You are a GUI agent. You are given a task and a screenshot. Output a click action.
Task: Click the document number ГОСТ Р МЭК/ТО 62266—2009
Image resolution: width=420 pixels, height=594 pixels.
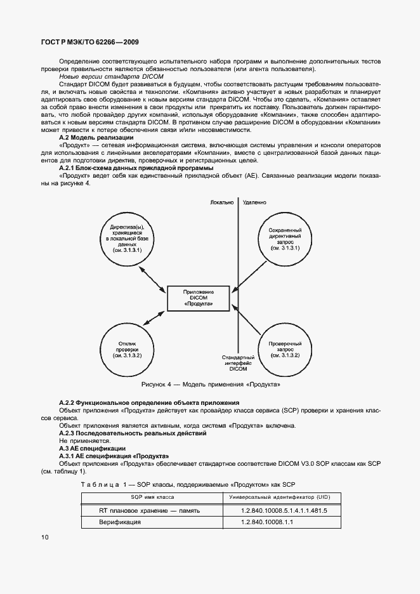point(90,42)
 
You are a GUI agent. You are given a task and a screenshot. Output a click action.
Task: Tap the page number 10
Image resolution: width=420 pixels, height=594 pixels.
point(45,537)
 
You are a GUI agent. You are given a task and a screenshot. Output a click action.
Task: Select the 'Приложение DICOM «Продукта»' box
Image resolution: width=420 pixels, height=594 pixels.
point(199,299)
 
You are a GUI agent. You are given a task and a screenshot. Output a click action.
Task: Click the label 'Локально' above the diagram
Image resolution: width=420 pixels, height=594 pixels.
point(223,203)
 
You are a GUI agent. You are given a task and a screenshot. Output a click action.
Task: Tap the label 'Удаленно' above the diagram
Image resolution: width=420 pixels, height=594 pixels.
point(254,203)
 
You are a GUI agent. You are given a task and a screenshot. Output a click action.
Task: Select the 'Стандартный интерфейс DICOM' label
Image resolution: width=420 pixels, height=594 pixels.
point(239,363)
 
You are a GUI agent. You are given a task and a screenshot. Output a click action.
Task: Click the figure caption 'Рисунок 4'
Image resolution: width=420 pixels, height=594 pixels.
point(210,385)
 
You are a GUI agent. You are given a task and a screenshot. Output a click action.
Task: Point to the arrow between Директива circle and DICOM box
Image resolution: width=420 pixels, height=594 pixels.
point(154,278)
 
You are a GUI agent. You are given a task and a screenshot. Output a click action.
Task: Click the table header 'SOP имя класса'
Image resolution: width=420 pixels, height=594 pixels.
point(153,497)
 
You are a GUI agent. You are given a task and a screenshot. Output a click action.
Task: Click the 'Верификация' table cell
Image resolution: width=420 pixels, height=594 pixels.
point(120,523)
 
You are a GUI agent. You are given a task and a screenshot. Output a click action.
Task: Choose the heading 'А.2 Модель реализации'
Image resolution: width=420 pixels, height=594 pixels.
point(96,137)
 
